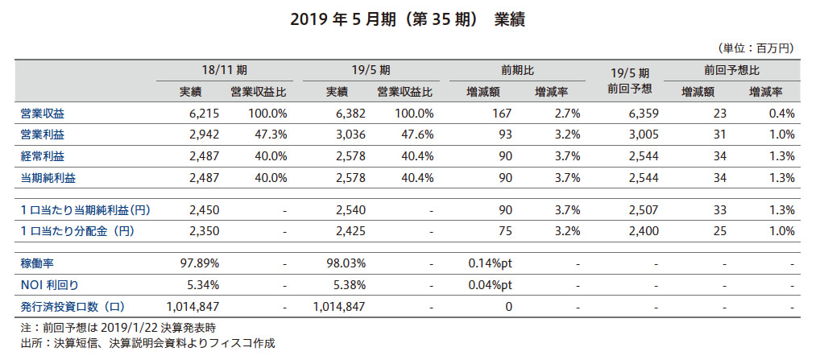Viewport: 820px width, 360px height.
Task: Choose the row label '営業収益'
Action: pos(43,114)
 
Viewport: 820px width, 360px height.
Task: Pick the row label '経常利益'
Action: pos(43,155)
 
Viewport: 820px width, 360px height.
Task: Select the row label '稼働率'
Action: pos(37,263)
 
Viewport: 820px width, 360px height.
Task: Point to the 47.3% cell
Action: pos(270,134)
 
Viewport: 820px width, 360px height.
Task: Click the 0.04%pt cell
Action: pos(490,285)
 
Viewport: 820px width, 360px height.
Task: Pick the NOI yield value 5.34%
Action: pos(201,285)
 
